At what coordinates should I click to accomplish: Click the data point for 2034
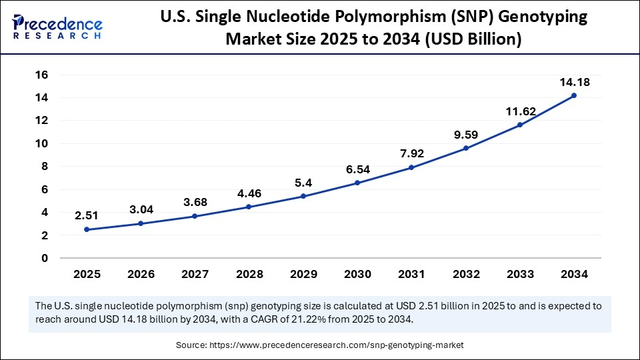[574, 95]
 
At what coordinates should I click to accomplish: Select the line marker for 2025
[87, 229]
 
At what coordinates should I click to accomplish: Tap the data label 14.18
[574, 82]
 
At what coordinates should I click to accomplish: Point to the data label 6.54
[358, 170]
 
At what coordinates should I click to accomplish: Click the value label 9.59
[466, 134]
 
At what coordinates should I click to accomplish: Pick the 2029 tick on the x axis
[303, 274]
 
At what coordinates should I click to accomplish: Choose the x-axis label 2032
[466, 274]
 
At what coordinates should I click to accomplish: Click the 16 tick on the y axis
[42, 75]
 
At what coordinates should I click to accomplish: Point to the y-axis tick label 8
[45, 166]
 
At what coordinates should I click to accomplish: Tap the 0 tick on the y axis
[45, 258]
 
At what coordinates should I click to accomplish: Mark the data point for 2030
[358, 183]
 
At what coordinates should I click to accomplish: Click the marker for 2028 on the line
[249, 207]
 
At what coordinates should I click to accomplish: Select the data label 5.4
[303, 183]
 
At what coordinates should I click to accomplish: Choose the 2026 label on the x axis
[141, 274]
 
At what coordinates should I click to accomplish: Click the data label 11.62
[520, 111]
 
